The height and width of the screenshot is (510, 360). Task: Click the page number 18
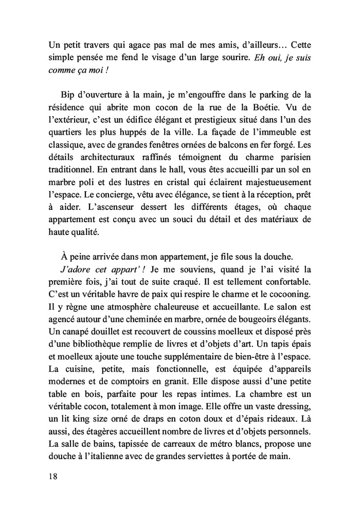[x=52, y=476]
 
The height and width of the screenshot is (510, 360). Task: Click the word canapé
[x=76, y=334]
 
